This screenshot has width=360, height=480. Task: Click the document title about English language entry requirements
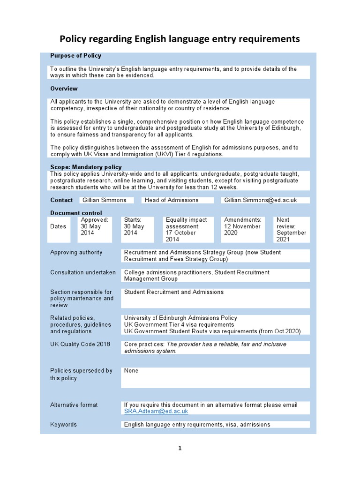pos(180,39)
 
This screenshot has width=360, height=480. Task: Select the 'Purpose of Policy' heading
pos(75,56)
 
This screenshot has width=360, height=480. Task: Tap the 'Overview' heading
pos(64,89)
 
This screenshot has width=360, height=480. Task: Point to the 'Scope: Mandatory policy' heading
pos(86,167)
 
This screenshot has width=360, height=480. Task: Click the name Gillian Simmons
pos(105,200)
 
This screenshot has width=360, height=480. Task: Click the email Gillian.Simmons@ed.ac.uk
pos(261,200)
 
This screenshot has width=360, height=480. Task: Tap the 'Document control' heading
pos(76,213)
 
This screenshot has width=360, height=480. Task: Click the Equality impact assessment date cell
pos(187,229)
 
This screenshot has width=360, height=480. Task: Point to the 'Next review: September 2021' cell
pos(291,229)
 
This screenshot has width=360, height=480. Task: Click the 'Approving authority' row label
pos(76,253)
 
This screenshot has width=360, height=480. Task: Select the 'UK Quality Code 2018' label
pos(80,344)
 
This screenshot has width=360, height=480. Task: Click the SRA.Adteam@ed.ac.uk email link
pos(156,411)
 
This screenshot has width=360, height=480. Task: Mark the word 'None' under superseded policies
pos(131,371)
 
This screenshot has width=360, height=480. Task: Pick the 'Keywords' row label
pos(63,425)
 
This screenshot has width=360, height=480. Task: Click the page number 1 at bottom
pos(180,449)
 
